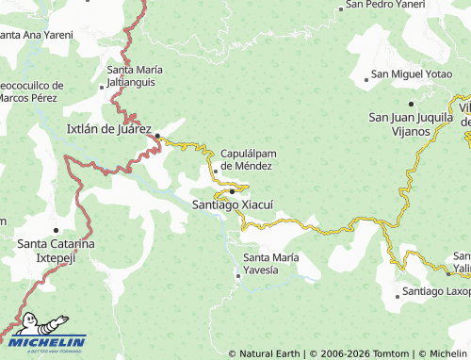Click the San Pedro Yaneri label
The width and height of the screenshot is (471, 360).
384,5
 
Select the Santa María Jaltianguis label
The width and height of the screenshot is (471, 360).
135,74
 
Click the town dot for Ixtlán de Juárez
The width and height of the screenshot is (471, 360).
157,133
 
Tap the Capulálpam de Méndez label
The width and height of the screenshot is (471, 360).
246,159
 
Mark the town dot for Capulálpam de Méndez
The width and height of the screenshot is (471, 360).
215,171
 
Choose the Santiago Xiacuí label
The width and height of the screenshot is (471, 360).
232,204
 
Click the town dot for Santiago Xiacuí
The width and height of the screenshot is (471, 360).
232,191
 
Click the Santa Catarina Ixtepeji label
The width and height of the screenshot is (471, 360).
56,250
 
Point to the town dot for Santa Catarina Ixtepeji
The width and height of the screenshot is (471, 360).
56,229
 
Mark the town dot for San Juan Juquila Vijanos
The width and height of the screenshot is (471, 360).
411,103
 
